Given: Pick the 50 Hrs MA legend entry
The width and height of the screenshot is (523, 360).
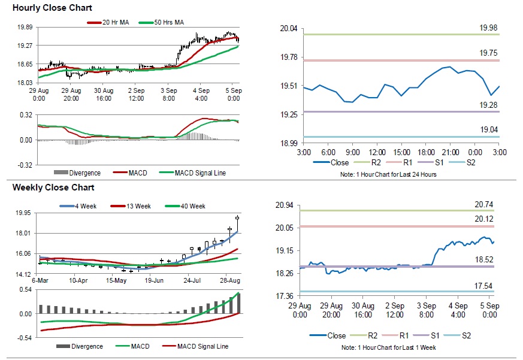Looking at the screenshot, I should click(x=167, y=22).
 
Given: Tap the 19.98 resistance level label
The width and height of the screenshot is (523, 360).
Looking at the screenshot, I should click(x=488, y=28).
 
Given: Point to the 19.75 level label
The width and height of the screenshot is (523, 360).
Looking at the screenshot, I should click(x=488, y=53).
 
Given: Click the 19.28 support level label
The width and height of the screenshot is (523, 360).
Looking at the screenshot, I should click(x=488, y=105).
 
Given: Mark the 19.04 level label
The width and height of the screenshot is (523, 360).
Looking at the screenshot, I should click(x=488, y=129).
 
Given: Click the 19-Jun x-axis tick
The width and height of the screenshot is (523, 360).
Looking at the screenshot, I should click(x=154, y=280).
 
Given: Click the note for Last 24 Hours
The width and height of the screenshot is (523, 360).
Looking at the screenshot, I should click(x=389, y=174).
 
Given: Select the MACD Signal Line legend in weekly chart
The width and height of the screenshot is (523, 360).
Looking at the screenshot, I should click(x=198, y=346).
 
